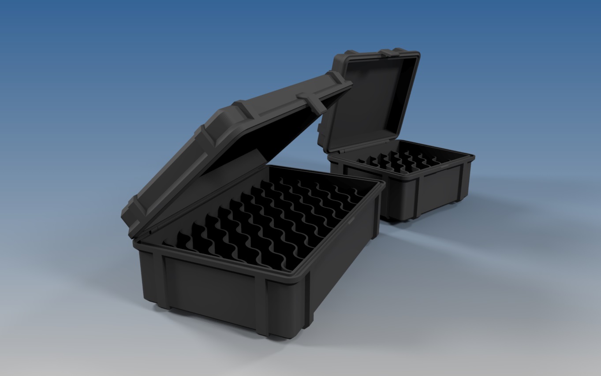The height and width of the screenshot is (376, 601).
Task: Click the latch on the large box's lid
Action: (314, 101)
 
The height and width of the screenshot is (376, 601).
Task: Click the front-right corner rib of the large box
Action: (305, 304)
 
